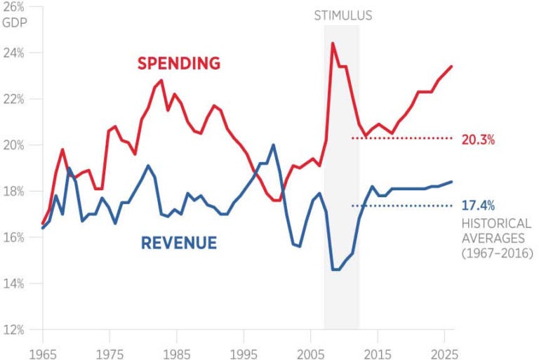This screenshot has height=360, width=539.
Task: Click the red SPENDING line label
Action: tap(178, 63)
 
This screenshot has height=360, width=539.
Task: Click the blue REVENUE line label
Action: tap(178, 244)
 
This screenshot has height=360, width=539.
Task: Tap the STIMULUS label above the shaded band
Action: tap(342, 15)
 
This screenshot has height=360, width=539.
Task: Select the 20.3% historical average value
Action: tap(478, 139)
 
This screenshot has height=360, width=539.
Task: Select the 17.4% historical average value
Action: tap(478, 206)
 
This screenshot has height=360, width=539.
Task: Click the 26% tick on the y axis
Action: tap(15, 7)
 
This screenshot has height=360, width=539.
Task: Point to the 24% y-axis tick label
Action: tap(15, 53)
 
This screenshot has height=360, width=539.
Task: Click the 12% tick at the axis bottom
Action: tap(15, 330)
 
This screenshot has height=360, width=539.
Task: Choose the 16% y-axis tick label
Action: tap(15, 237)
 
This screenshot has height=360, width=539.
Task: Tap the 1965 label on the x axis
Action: tap(43, 349)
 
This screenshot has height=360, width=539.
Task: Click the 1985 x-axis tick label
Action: tap(177, 349)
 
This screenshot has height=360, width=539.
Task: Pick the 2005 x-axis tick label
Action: tap(311, 349)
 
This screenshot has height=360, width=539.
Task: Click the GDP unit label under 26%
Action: tap(15, 20)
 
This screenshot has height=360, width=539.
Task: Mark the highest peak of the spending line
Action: tap(332, 44)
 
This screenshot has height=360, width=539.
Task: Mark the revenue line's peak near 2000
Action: tap(273, 145)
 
